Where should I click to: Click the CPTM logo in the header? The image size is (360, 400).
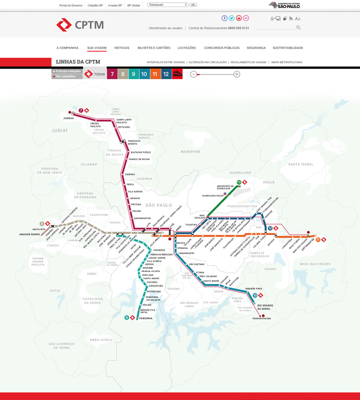coord(80,25)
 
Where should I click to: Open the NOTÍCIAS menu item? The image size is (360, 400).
coord(122,48)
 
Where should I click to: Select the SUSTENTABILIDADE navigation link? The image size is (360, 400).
coord(288,48)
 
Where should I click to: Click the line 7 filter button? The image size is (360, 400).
coord(112,74)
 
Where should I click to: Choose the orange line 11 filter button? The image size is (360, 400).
coord(155,74)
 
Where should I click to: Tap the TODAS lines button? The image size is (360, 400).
coord(95,74)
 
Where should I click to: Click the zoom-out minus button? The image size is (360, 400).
coord(194,74)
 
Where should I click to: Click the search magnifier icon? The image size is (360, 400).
coord(298,27)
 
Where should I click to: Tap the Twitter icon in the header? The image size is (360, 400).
coord(231,18)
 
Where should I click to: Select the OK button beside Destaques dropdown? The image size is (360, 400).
coord(193,5)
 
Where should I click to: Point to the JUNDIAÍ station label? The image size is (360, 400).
coord(68,118)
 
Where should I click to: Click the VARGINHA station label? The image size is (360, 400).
coord(145,318)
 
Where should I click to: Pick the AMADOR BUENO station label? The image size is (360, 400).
coord(30,235)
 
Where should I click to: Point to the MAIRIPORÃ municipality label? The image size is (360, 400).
coord(190,152)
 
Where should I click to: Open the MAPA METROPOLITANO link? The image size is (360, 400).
coord(287,62)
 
